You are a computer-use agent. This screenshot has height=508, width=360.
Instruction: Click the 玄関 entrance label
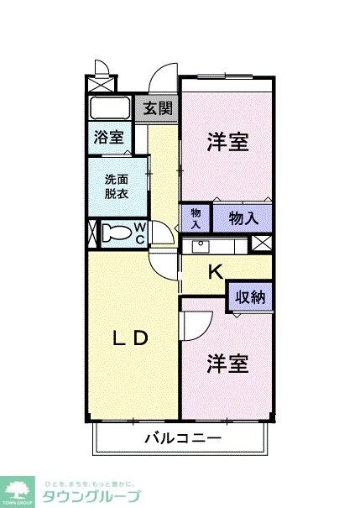click(158, 107)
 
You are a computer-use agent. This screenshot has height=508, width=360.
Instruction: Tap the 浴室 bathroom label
click(108, 137)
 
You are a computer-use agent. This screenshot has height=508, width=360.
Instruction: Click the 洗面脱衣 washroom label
click(117, 185)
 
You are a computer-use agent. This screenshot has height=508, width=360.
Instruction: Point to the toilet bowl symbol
click(119, 233)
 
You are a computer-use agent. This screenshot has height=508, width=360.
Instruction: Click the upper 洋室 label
click(227, 141)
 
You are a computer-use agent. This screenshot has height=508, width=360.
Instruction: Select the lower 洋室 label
click(227, 364)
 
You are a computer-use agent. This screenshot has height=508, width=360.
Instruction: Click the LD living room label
click(131, 338)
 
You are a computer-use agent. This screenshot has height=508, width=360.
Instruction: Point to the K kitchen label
click(215, 271)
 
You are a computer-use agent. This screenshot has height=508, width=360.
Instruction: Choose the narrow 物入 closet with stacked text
click(195, 218)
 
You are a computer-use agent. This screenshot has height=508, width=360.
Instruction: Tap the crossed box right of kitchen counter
click(262, 244)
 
